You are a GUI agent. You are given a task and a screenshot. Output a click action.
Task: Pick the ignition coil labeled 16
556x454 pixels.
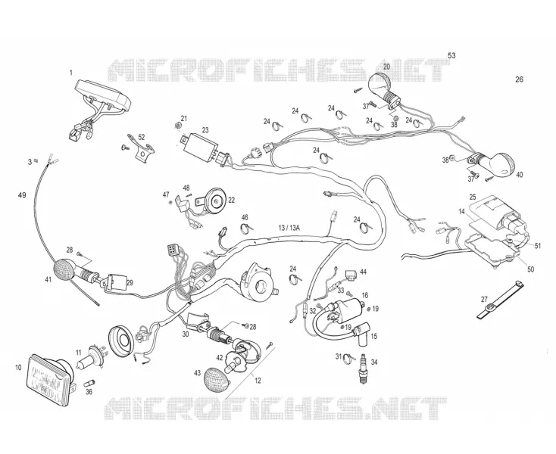(x=345, y=308)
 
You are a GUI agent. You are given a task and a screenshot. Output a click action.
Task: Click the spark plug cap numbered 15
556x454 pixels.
(x=361, y=336)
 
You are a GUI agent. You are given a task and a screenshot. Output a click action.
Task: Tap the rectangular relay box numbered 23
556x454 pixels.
(x=200, y=148)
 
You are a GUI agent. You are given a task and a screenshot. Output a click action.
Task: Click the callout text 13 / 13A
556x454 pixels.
(x=289, y=228)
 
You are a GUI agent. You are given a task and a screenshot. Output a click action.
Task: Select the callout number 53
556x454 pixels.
(x=451, y=55)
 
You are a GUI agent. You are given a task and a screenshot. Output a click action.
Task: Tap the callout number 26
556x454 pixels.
(x=519, y=79)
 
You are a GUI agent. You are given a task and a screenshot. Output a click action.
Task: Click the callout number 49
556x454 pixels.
(x=22, y=195)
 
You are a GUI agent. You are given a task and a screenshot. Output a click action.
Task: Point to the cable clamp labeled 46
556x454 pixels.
(x=246, y=227)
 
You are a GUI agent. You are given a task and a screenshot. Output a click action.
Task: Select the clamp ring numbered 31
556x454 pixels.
(x=348, y=359)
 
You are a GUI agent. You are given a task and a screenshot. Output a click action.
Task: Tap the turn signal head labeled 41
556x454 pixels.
(x=64, y=270)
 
